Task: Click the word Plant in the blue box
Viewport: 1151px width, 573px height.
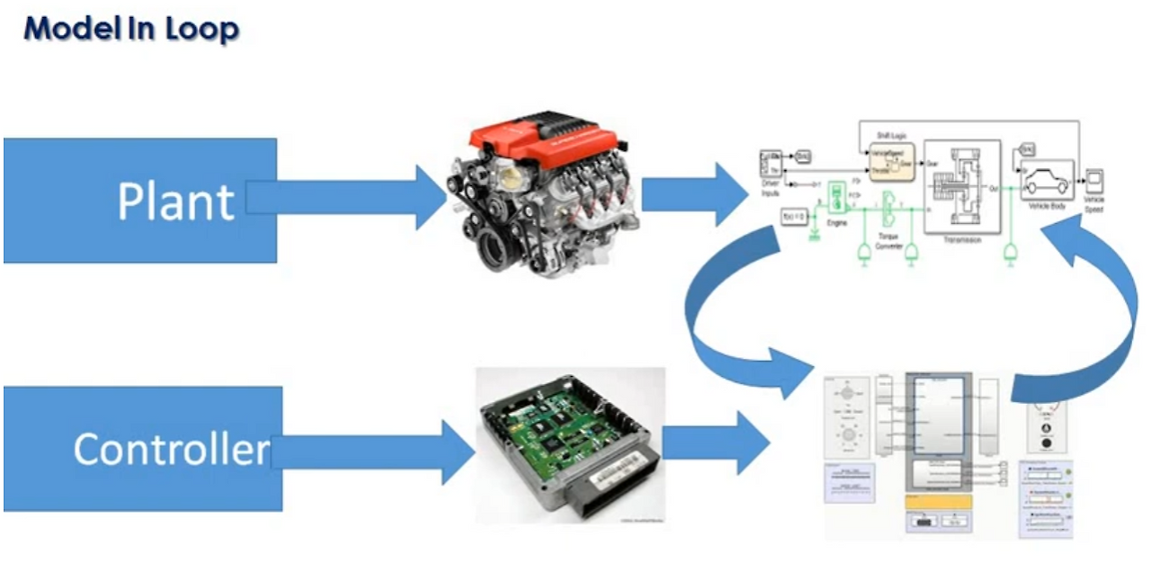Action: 175,201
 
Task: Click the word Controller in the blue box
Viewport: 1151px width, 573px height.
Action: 171,448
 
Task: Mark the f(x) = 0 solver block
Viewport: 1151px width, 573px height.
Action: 793,216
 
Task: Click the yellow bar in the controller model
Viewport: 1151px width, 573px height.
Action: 936,502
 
